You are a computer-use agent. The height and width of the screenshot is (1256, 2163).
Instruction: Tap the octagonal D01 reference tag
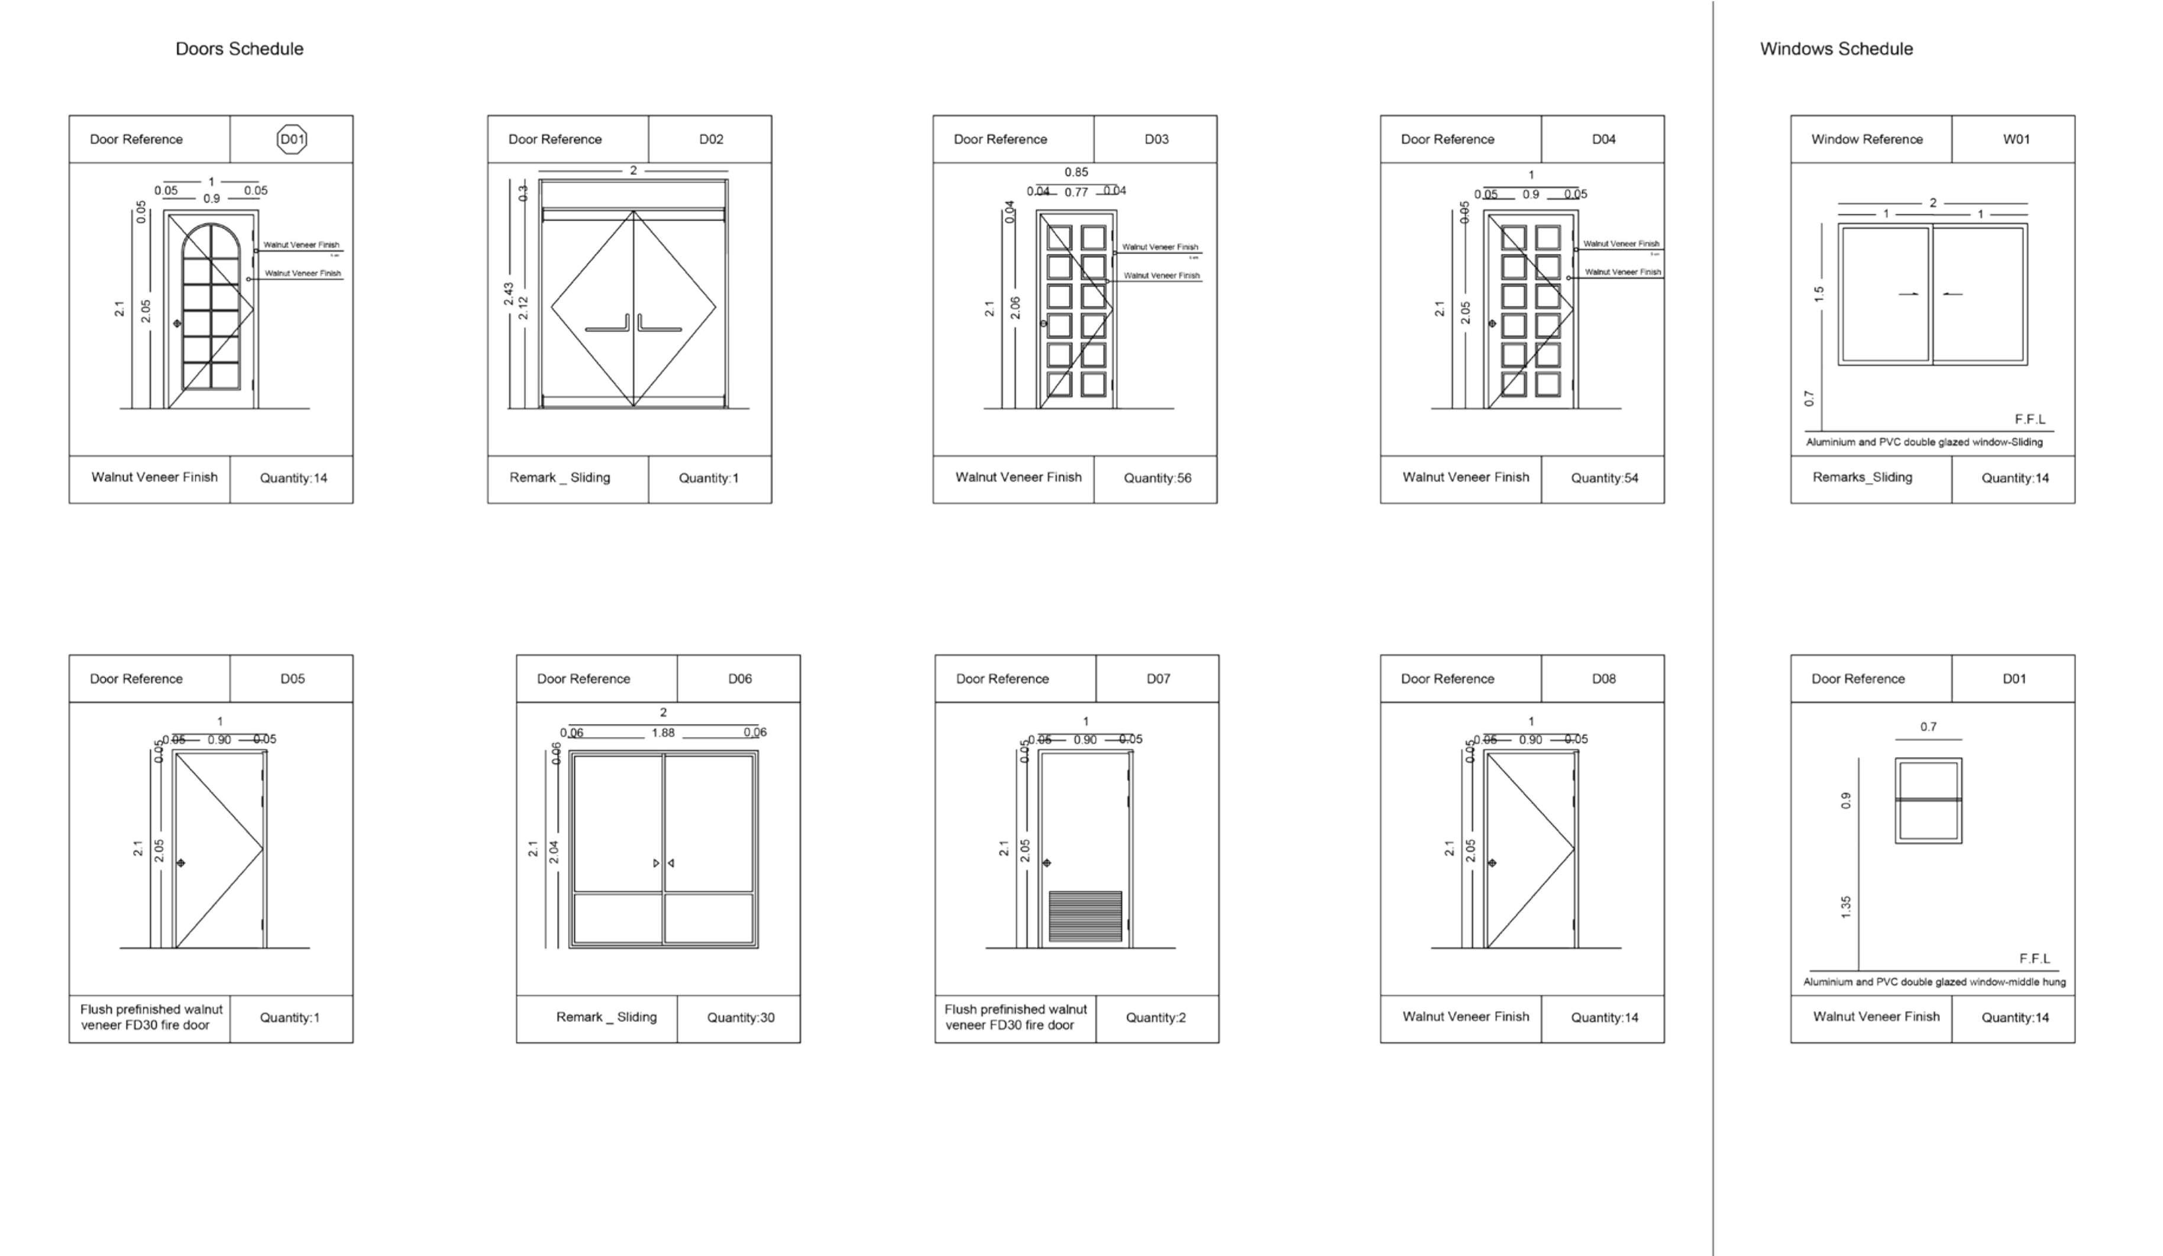click(292, 139)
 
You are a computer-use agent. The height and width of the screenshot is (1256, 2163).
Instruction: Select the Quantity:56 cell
click(1157, 478)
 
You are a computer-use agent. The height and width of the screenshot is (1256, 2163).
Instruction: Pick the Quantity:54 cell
click(1604, 478)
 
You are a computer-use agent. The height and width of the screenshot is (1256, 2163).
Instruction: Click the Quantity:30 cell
click(740, 1018)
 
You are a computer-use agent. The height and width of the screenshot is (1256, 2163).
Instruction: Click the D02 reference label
click(711, 139)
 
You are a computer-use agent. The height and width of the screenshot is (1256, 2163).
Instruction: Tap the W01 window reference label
click(2016, 139)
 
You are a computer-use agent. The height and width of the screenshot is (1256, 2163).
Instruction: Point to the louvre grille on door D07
click(1085, 916)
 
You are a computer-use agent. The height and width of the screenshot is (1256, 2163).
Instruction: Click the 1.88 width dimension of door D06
click(662, 733)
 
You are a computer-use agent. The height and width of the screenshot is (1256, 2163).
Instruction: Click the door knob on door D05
click(180, 862)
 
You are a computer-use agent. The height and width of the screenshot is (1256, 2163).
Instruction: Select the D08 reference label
click(1603, 679)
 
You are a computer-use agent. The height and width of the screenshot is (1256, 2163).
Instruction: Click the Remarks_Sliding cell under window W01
click(1862, 477)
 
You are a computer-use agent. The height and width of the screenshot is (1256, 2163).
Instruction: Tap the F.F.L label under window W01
click(2030, 419)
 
